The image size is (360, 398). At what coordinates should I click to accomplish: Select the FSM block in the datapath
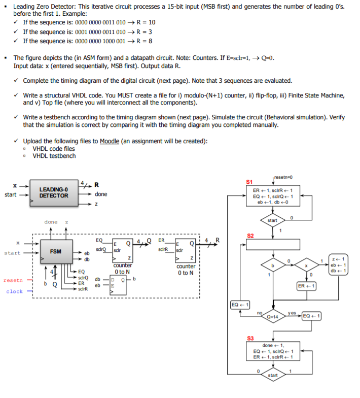[x=55, y=252]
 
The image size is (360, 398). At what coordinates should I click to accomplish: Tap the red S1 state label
[x=249, y=181]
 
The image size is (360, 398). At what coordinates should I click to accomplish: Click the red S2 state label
[x=249, y=236]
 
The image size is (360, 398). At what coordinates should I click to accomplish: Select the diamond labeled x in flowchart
[x=306, y=265]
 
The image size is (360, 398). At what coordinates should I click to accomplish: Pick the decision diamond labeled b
[x=274, y=265]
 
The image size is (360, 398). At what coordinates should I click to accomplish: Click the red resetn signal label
[x=13, y=280]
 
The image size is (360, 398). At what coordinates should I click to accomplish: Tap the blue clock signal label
[x=15, y=291]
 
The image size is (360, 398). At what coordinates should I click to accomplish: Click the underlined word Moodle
[x=110, y=141]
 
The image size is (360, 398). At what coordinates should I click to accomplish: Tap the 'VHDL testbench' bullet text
[x=54, y=156]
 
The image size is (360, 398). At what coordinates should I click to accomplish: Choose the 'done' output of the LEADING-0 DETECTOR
[x=101, y=194]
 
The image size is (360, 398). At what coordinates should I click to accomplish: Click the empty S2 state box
[x=273, y=245]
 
